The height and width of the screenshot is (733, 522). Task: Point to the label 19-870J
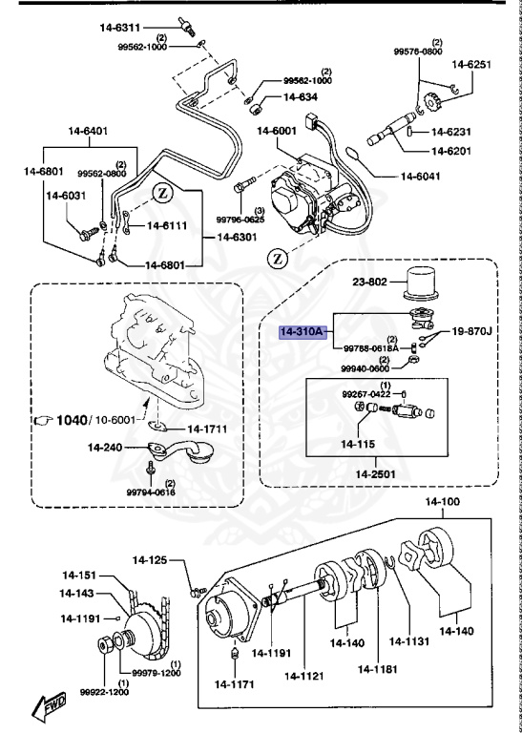tap(473, 331)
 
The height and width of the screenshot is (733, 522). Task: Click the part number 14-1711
tap(207, 429)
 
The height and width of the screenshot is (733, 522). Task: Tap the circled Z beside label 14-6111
tap(162, 193)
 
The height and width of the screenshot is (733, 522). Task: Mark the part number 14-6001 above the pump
tap(276, 131)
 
